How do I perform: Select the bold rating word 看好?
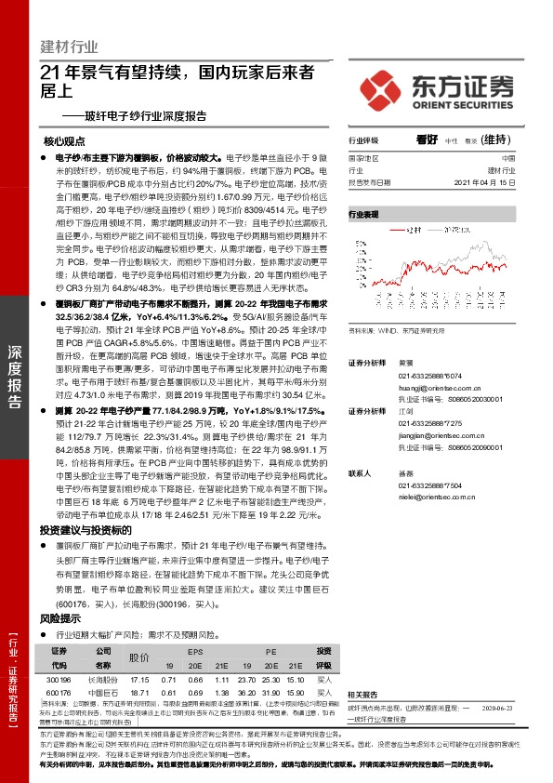[427, 140]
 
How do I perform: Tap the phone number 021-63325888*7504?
[423, 484]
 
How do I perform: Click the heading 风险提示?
[64, 617]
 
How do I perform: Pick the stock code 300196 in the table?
[59, 681]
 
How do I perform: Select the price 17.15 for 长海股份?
[140, 681]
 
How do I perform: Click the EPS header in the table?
[193, 651]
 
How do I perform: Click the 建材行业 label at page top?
[70, 47]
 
